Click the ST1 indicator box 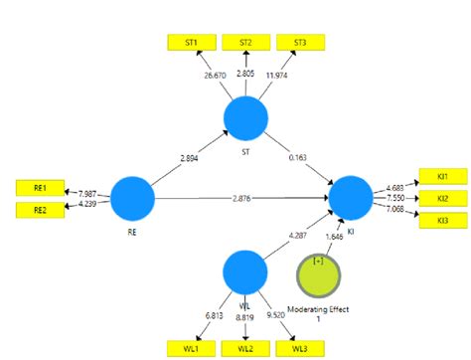(x=189, y=44)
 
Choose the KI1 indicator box (x=441, y=177)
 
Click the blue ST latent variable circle (x=244, y=119)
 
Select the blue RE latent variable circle (x=133, y=198)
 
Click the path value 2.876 (x=241, y=198)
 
